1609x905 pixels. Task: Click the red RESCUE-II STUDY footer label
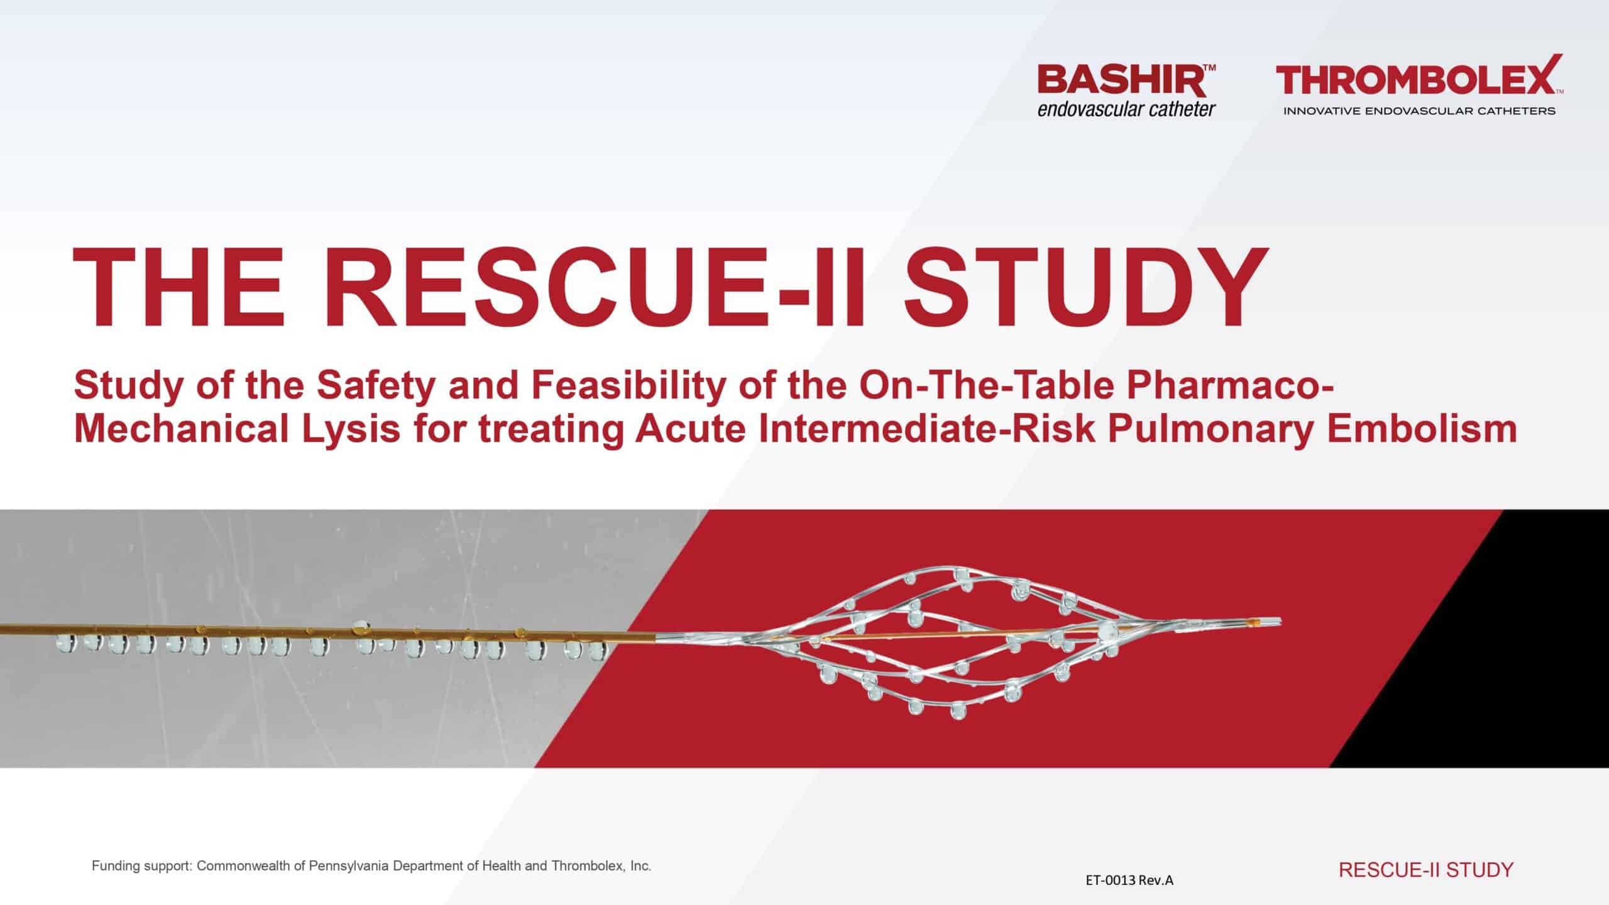(x=1426, y=870)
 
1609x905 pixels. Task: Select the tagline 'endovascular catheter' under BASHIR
(x=1126, y=110)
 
